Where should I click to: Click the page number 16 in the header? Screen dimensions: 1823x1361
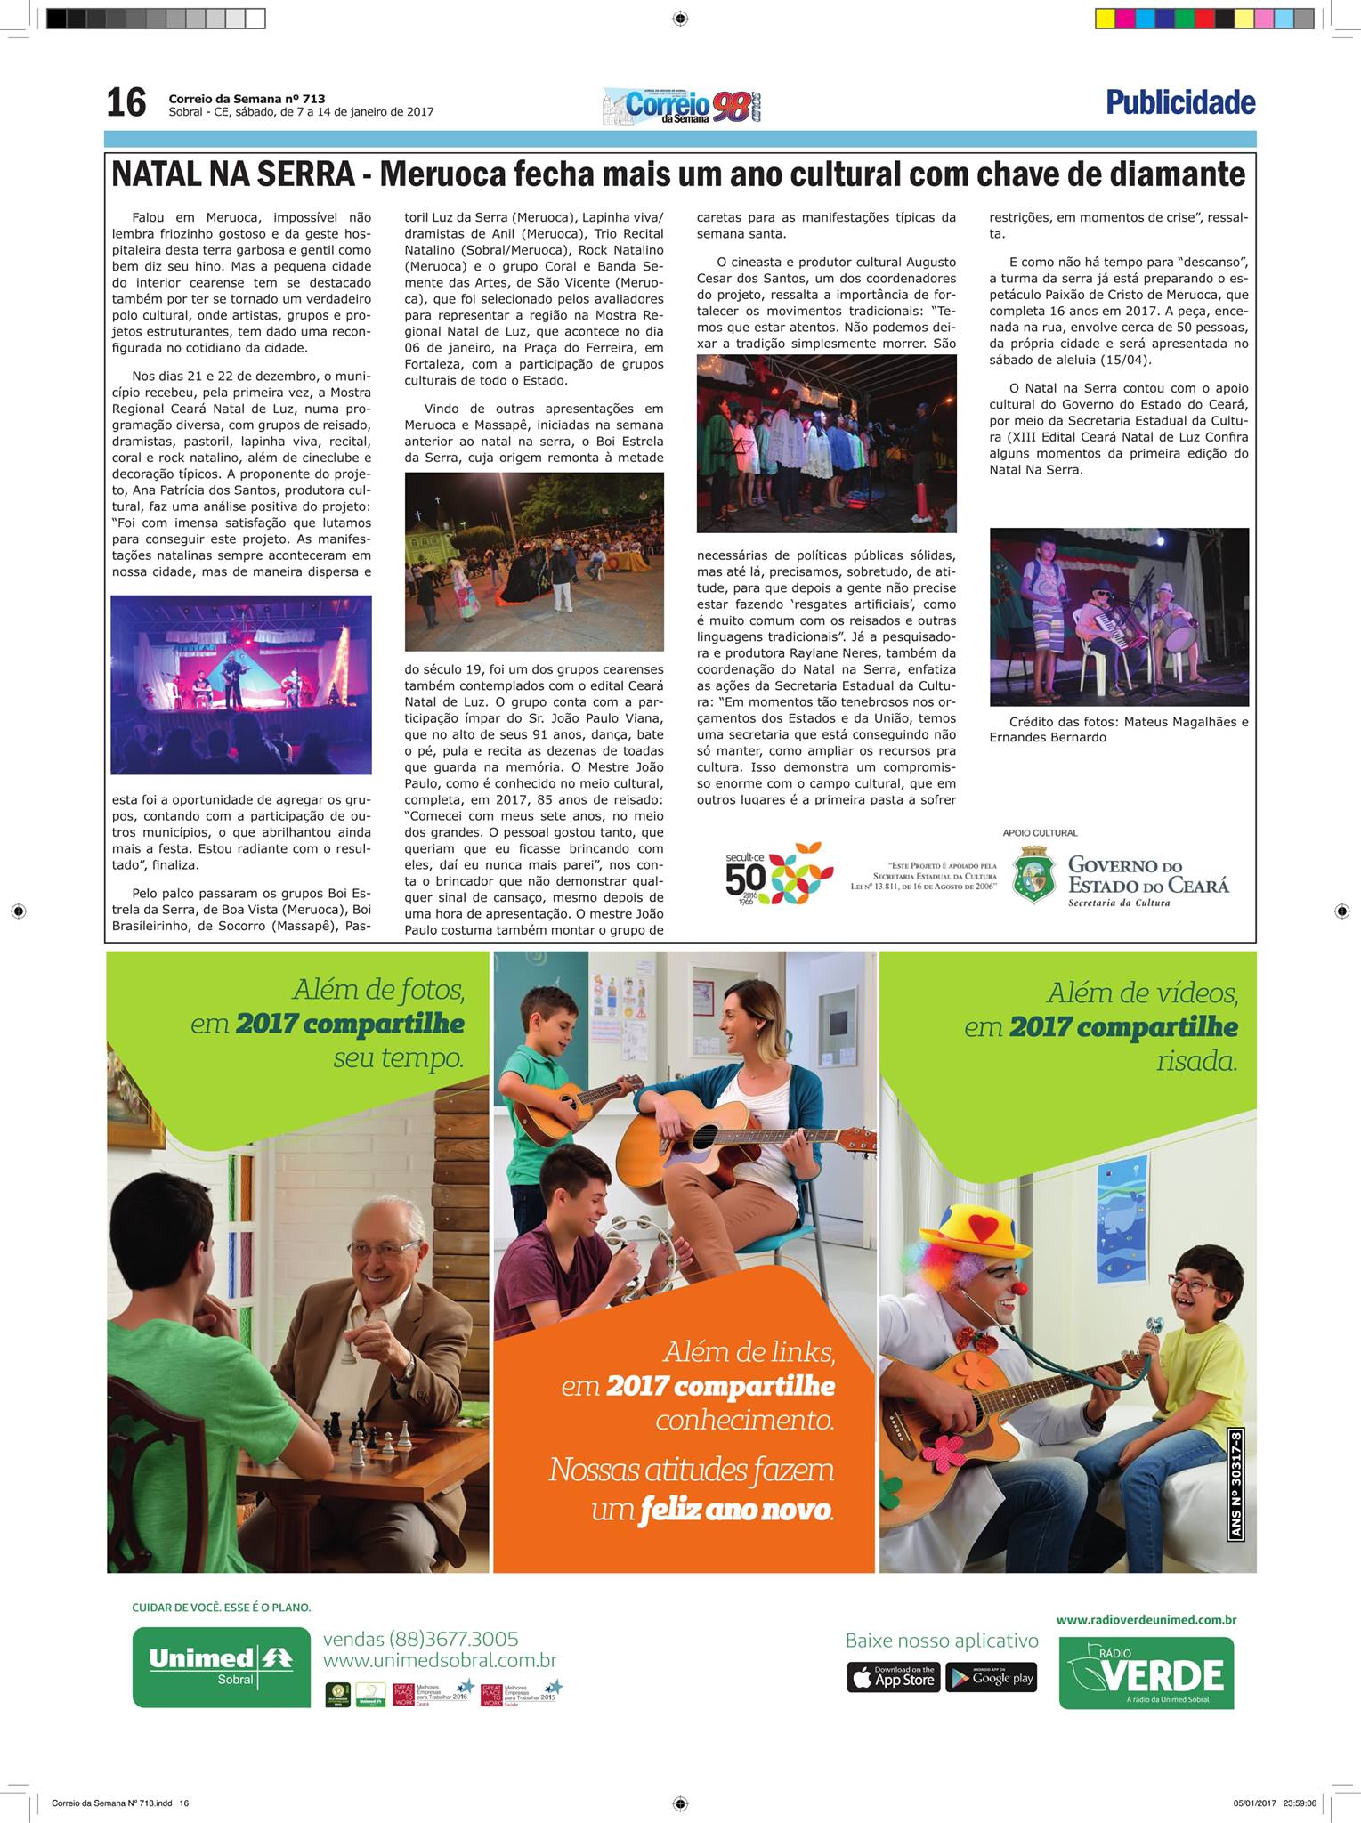click(126, 103)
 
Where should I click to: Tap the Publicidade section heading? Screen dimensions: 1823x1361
click(1180, 103)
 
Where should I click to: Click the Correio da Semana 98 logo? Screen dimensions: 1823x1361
click(683, 105)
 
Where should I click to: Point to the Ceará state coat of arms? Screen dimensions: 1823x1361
click(1033, 876)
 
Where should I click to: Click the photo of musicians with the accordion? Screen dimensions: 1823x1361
click(1119, 617)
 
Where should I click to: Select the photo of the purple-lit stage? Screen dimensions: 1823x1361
click(241, 685)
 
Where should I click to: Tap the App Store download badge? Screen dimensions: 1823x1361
click(893, 1677)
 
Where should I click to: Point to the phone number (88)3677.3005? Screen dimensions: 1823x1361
click(420, 1639)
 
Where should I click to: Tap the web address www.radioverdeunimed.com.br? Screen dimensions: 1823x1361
click(1146, 1621)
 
